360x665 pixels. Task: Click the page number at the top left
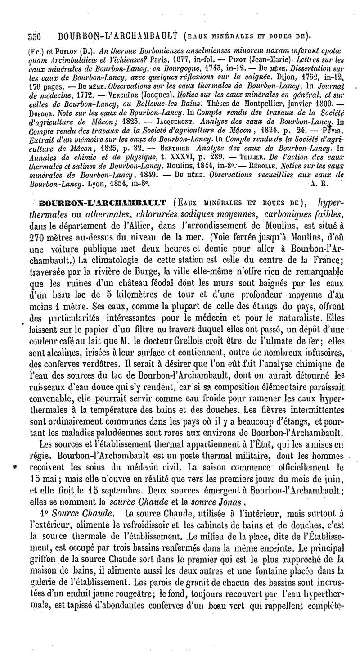[x=22, y=34]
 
